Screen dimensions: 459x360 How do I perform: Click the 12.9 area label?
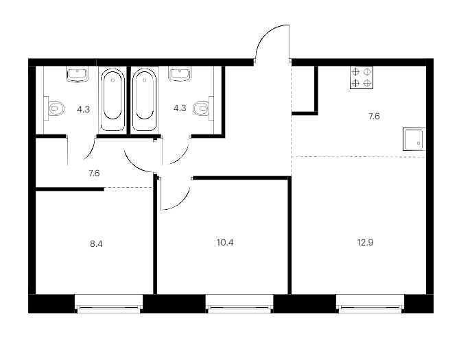click(x=365, y=243)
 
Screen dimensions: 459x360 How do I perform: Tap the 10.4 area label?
click(x=225, y=243)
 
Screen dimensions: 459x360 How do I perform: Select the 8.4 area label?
click(x=96, y=244)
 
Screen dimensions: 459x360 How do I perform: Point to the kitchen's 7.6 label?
click(x=374, y=117)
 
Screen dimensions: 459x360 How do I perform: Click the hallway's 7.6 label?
click(x=94, y=173)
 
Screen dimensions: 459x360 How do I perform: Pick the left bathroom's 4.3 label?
click(x=83, y=110)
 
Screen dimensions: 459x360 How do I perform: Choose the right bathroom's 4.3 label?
click(x=180, y=108)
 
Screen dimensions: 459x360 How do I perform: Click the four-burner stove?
click(x=362, y=77)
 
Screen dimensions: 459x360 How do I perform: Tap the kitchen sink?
click(x=414, y=139)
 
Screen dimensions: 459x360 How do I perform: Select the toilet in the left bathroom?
click(x=54, y=108)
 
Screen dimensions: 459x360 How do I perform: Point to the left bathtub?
click(x=113, y=99)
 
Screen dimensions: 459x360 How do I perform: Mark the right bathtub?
click(x=144, y=99)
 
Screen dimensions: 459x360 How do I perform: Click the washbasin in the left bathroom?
click(x=78, y=74)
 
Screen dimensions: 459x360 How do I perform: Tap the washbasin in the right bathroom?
click(x=180, y=74)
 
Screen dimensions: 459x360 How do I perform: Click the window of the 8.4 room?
click(x=108, y=304)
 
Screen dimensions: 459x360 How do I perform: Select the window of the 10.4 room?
click(x=239, y=304)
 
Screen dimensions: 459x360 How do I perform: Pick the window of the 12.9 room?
click(x=370, y=304)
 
